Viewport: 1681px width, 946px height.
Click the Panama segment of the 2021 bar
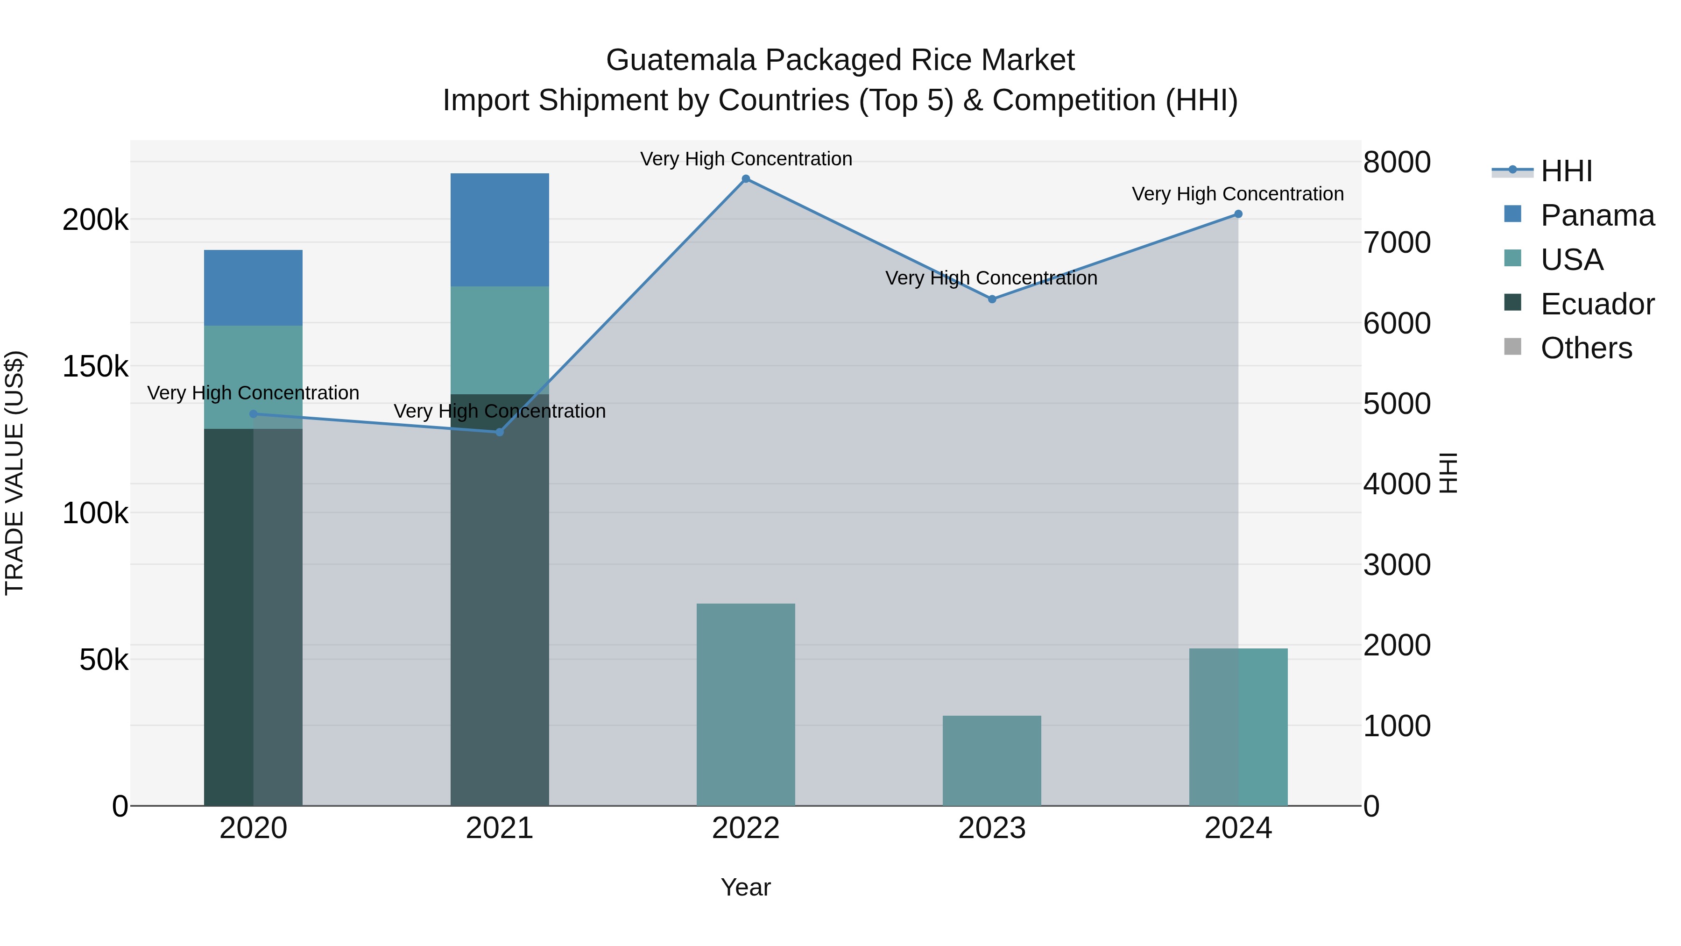[x=499, y=229]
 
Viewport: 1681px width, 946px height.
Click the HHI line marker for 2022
[x=746, y=179]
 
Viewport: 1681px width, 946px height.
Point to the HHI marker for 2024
[x=1238, y=214]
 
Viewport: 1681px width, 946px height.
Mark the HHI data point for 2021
[x=500, y=432]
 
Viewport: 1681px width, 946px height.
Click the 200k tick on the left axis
[x=95, y=220]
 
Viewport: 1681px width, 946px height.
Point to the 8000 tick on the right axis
[x=1397, y=163]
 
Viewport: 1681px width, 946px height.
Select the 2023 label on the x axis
[x=991, y=828]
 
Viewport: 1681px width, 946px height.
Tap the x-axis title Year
[x=745, y=887]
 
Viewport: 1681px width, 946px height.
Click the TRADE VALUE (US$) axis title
[x=14, y=473]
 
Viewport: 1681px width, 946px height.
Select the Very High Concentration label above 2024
[x=1237, y=194]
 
